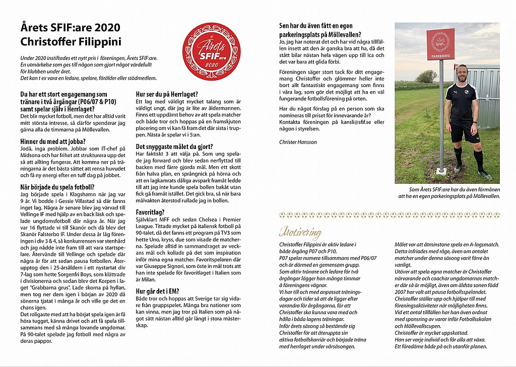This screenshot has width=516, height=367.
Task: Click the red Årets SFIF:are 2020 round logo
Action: (x=211, y=51)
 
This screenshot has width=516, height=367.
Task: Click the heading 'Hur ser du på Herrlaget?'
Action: (x=167, y=94)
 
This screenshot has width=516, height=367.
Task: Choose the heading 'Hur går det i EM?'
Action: (x=158, y=291)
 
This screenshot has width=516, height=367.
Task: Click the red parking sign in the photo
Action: (x=440, y=44)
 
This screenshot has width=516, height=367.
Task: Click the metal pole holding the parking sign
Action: (x=441, y=116)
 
